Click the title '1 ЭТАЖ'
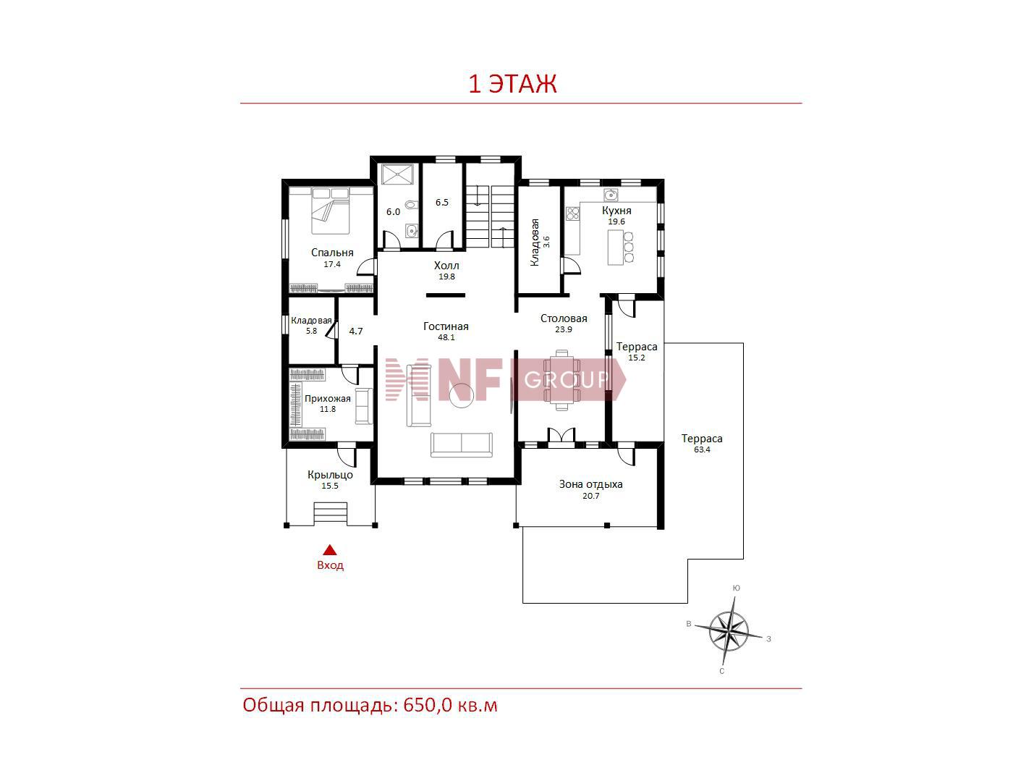[512, 85]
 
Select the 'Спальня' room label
[332, 253]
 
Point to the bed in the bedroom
[330, 211]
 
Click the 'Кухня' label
[616, 211]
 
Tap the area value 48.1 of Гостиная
[446, 337]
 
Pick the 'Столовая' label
[564, 318]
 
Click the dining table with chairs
[561, 380]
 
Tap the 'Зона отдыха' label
[590, 484]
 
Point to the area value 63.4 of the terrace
[701, 449]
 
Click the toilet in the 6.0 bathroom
[411, 204]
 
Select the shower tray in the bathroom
[398, 174]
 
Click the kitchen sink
[611, 195]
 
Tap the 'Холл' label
[446, 266]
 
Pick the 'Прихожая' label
[327, 398]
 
